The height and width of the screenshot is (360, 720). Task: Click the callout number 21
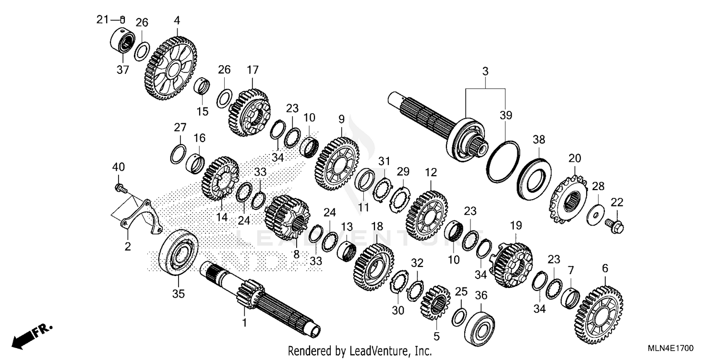click(x=102, y=20)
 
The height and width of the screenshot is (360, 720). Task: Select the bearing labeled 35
click(x=179, y=254)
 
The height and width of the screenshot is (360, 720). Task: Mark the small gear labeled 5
click(x=435, y=302)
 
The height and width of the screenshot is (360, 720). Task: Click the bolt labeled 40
click(x=120, y=186)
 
